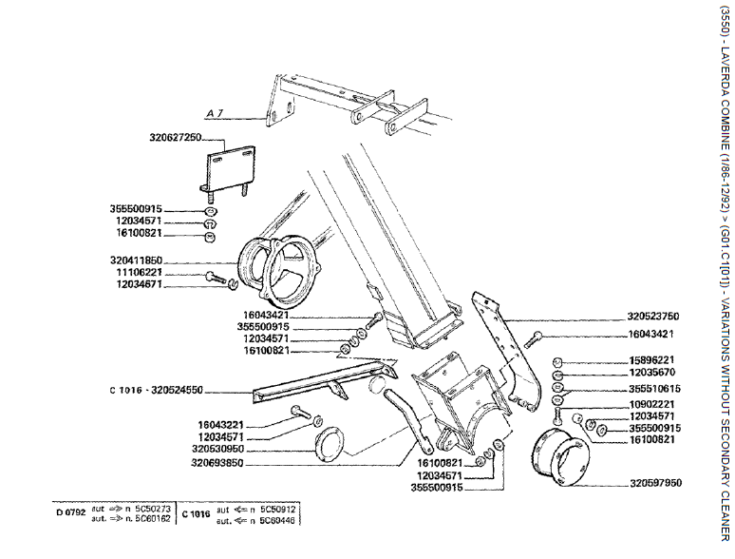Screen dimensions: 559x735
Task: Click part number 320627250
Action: tap(176, 137)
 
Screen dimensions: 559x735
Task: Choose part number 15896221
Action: tap(651, 360)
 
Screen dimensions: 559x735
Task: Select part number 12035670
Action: tap(651, 375)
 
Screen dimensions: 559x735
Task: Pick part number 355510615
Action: tap(651, 388)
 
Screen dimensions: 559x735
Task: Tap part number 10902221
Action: tap(651, 403)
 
